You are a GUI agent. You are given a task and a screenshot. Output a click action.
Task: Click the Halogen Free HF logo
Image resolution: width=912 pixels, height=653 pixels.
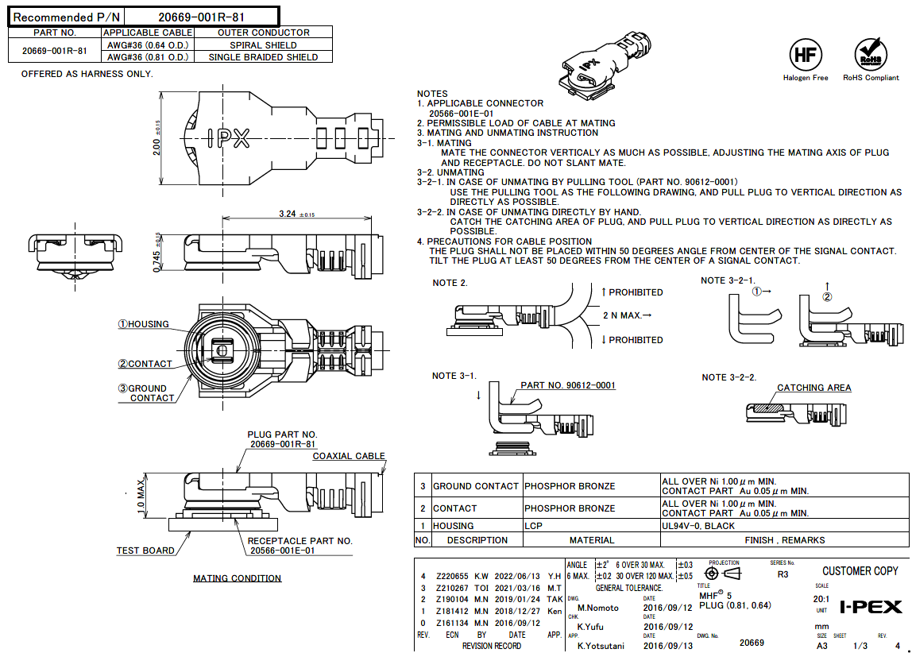pos(805,55)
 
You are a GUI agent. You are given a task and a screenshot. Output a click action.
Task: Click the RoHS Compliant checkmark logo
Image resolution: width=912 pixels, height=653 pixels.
pos(871,55)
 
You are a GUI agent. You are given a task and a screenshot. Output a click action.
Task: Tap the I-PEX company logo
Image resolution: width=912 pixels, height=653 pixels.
pos(871,608)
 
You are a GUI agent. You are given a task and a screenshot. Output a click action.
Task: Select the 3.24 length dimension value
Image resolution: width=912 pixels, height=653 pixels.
pos(288,214)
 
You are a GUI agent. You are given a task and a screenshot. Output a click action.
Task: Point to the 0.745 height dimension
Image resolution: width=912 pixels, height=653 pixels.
pos(157,253)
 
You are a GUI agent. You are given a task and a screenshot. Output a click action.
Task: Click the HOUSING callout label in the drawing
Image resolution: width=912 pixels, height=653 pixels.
pos(144,324)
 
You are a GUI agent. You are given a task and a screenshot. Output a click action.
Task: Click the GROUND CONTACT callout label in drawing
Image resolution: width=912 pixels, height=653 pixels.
pos(147,393)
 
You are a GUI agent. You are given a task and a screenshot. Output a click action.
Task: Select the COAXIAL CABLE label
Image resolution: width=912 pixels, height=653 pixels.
pos(348,456)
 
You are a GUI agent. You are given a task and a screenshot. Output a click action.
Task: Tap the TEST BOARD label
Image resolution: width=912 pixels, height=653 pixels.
pos(145,551)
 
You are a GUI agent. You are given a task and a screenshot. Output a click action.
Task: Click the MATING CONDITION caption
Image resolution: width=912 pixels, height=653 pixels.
pos(237,578)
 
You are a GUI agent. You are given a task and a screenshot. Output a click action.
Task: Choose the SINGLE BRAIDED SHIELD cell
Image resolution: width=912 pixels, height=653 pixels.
pos(263,57)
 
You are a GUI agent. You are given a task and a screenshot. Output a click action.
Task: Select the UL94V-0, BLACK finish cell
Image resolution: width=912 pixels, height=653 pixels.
pos(698,526)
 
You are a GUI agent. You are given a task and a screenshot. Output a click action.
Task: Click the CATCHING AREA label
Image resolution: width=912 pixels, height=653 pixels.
pos(813,388)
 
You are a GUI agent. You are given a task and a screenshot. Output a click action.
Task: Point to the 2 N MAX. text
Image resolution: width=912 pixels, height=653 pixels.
pos(627,315)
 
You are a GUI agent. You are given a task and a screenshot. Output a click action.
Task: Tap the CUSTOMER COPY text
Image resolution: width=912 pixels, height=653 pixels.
pos(860,571)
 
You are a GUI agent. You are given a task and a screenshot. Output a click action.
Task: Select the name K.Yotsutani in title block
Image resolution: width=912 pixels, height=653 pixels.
pos(601,646)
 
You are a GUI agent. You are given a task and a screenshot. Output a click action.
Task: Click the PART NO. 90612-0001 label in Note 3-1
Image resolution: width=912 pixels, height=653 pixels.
pos(567,385)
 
